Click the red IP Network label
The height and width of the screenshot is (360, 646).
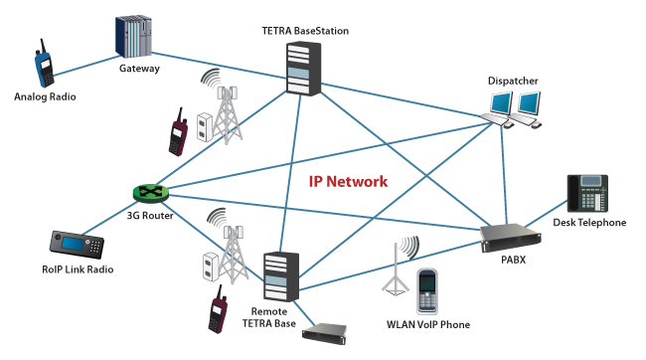coord(348,181)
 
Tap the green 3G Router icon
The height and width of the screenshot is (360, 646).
coord(151,193)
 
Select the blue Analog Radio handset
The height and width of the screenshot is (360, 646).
coord(44,64)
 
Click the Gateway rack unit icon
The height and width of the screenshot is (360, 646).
coord(133,37)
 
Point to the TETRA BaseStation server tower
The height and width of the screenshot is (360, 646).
coord(304,68)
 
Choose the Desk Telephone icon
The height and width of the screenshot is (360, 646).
coord(587,193)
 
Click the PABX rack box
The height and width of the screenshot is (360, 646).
coord(511,238)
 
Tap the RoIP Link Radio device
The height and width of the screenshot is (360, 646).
coord(77,244)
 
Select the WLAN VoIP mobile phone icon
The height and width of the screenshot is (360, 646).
coord(427,292)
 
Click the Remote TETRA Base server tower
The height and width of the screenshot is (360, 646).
coord(281,276)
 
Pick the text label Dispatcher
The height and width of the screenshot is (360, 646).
coord(513,81)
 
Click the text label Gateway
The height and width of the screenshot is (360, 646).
coord(139,69)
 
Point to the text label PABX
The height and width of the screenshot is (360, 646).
coord(514,260)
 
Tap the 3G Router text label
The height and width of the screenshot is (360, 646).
coord(150,215)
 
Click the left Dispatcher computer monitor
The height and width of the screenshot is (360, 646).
coord(502,102)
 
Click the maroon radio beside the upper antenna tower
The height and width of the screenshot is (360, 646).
coord(178,132)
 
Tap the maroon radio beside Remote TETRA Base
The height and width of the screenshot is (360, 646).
coord(218,309)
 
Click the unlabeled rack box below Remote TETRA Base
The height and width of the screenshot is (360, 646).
coord(325,333)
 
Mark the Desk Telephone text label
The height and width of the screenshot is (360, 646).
coord(589,223)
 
